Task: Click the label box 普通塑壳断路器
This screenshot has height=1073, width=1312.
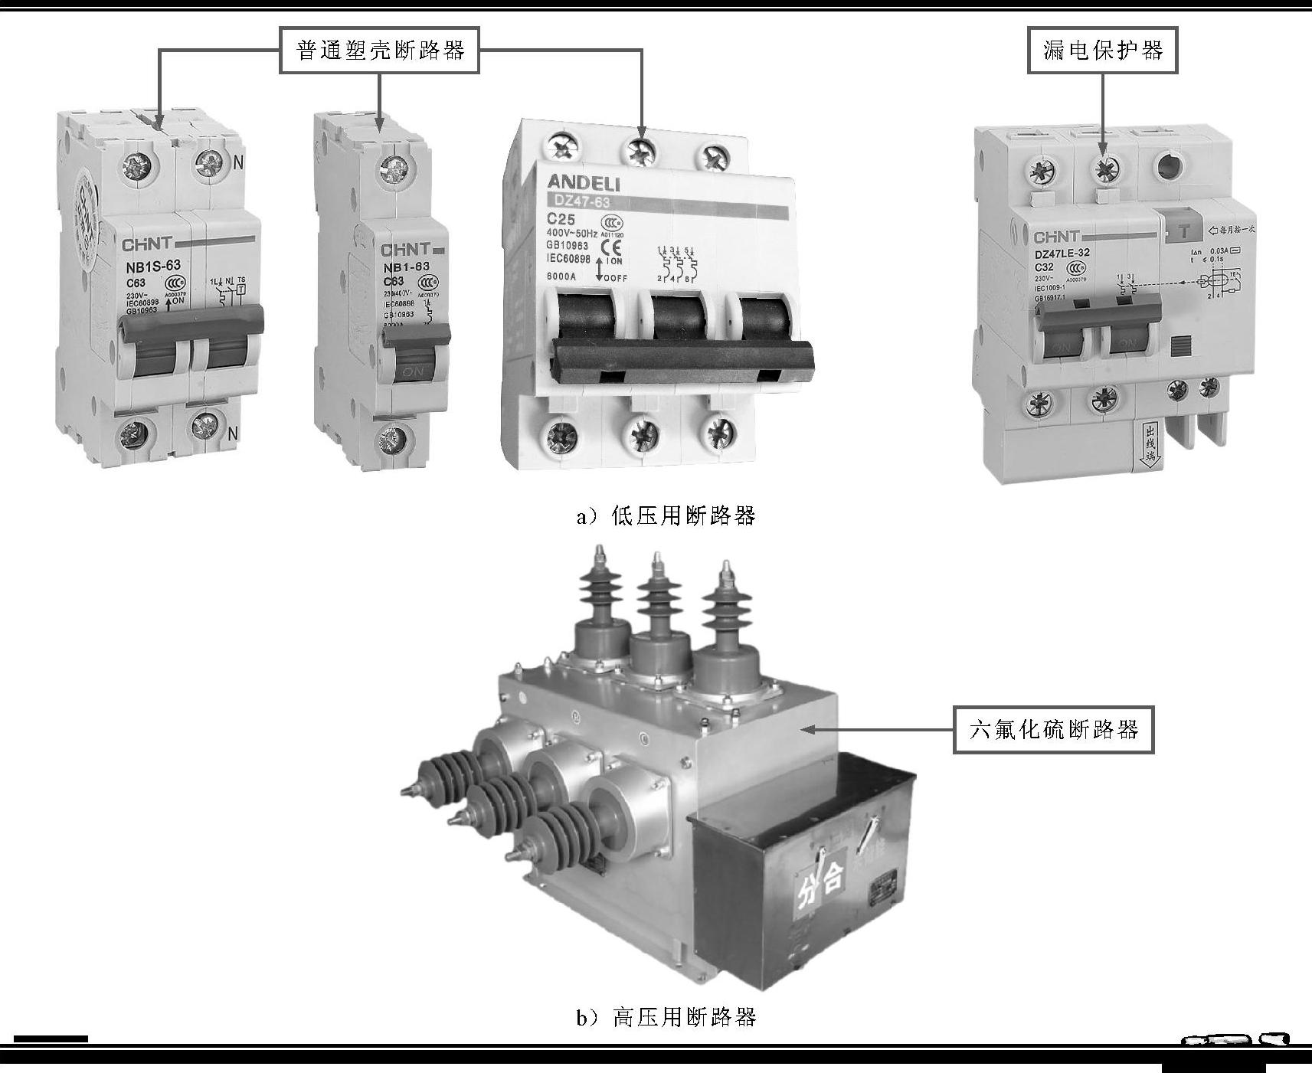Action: point(380,51)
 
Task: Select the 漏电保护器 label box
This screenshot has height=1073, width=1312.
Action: point(1102,51)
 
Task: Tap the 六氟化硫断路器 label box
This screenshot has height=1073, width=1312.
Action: point(1053,729)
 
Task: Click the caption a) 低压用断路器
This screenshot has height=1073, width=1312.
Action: point(666,515)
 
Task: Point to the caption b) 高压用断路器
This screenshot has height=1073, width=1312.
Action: point(666,1016)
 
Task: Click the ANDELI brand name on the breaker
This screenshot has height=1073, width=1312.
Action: point(584,183)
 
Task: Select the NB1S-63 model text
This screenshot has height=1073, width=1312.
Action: point(152,267)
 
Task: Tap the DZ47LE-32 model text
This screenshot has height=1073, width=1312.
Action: point(1062,253)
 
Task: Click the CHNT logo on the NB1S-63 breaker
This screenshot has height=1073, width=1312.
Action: point(148,246)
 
